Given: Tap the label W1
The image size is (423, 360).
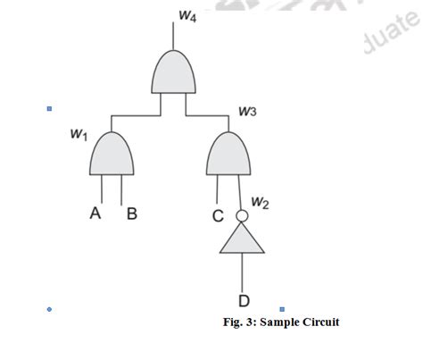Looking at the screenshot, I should [x=79, y=134].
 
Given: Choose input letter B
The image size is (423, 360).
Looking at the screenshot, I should [x=131, y=214].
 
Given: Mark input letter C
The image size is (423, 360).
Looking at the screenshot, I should [x=218, y=215].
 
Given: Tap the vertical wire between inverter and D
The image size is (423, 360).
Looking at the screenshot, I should [x=243, y=272].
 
